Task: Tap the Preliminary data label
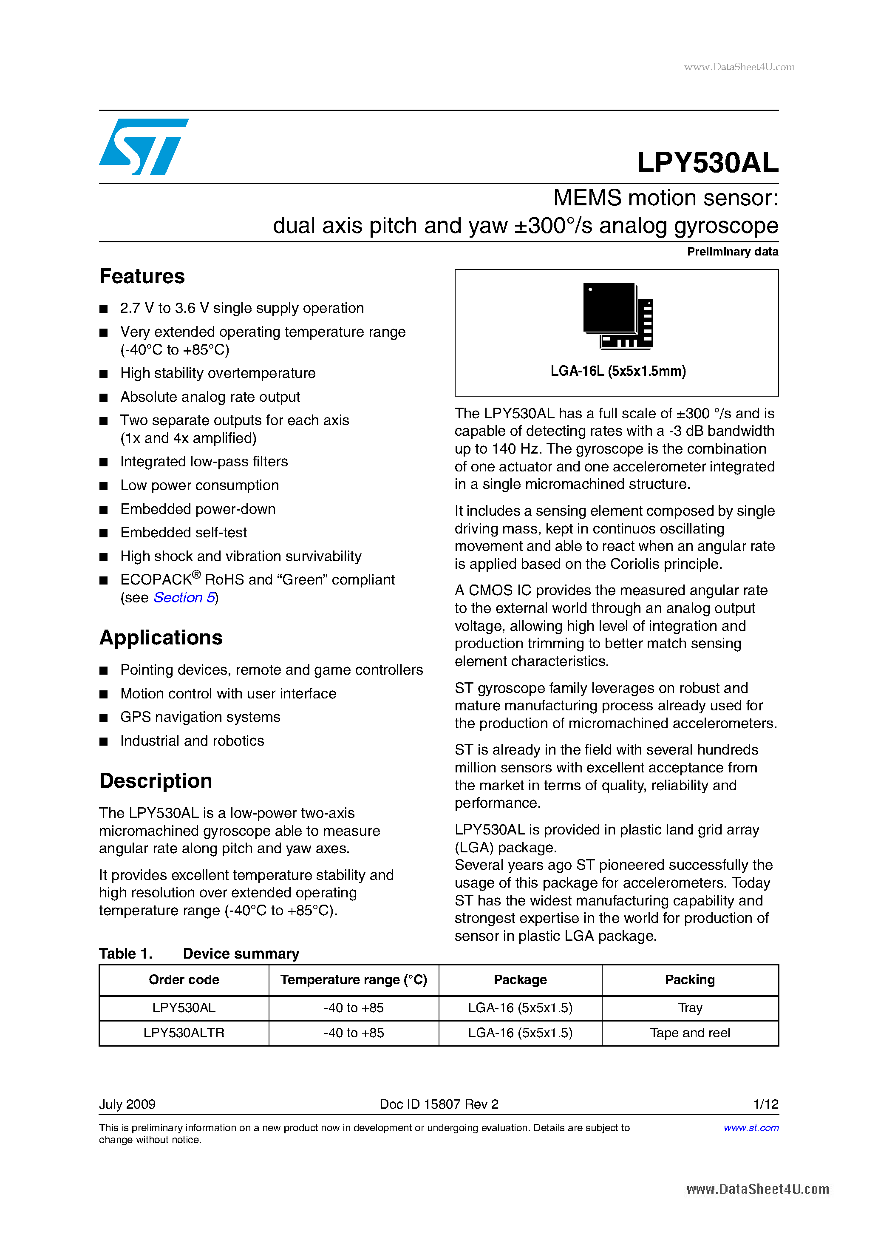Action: [732, 252]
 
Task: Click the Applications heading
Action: [161, 638]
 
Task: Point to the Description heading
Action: [156, 780]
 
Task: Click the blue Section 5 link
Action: [184, 598]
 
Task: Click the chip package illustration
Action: [617, 315]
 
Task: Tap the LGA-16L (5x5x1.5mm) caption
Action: [617, 372]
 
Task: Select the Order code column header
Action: [184, 980]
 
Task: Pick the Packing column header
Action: [690, 980]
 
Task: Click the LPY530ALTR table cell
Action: [184, 1033]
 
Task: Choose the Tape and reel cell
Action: [690, 1033]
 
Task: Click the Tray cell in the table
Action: [690, 1008]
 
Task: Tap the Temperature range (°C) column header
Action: [354, 980]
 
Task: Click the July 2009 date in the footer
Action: [127, 1104]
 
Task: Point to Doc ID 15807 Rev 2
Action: [439, 1104]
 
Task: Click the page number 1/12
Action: [765, 1104]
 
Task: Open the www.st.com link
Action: [751, 1128]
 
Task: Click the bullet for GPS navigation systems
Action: [104, 718]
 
